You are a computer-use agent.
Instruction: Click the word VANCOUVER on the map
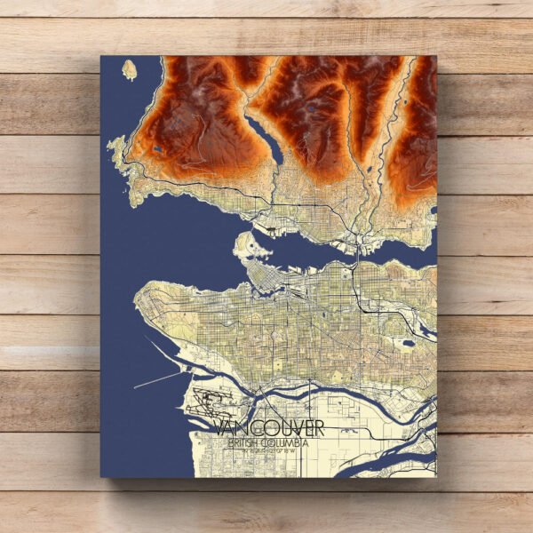pos(269,429)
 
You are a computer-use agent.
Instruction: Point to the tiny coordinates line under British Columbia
pos(266,450)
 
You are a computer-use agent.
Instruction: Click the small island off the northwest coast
pos(130,68)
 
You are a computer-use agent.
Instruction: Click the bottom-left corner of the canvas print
pos(102,476)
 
